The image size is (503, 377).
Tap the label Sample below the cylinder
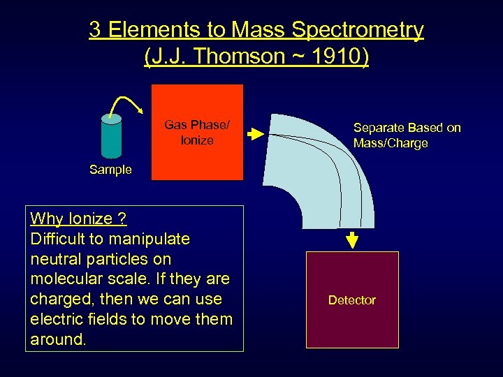(110, 170)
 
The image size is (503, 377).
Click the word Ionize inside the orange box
(197, 140)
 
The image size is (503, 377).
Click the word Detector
(352, 300)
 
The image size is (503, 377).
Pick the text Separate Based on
(407, 128)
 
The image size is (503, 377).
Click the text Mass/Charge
(390, 143)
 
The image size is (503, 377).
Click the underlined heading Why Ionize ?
(78, 219)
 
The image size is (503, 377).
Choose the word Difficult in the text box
(58, 239)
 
